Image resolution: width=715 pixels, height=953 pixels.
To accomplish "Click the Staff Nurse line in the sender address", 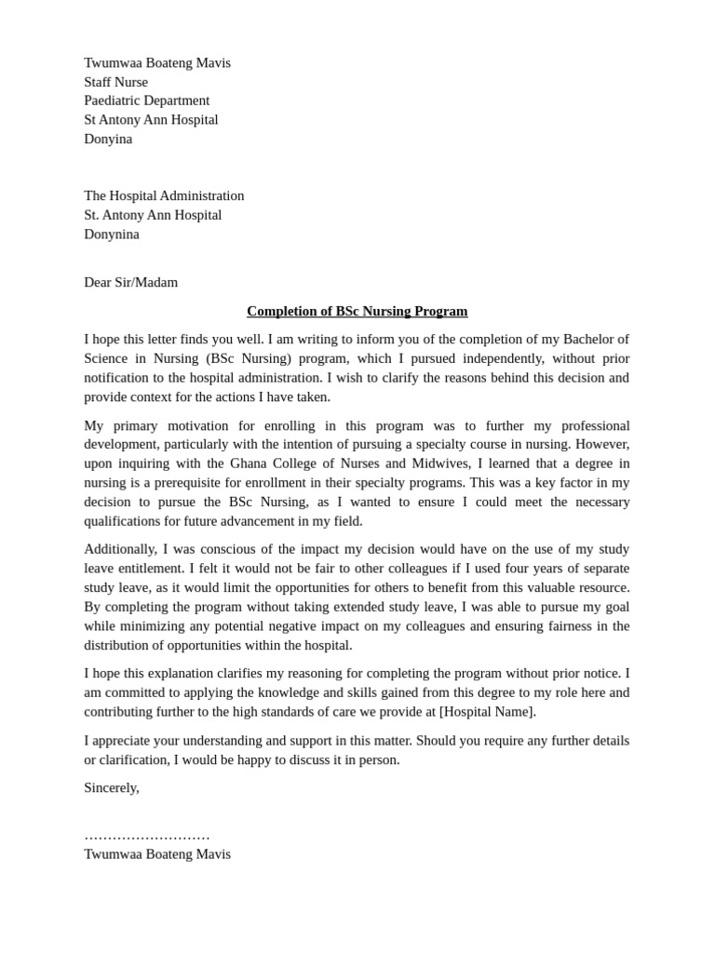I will (115, 82).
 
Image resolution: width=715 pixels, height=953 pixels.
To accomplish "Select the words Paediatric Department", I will (146, 101).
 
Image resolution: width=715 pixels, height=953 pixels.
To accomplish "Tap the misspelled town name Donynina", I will (112, 235).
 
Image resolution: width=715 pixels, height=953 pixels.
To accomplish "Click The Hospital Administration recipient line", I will (164, 195).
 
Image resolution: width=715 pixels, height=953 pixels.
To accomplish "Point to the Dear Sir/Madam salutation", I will (130, 282).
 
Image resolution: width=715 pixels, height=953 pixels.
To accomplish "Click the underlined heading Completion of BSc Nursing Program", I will (357, 311).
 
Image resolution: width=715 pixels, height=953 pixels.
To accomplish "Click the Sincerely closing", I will (111, 787).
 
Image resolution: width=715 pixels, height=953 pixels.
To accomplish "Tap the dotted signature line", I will (146, 836).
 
